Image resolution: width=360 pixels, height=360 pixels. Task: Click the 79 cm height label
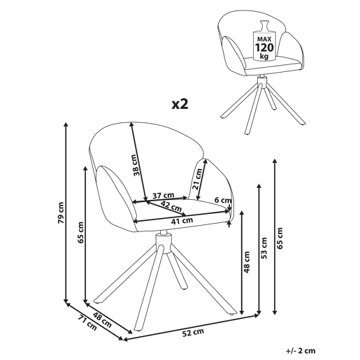point(61,213)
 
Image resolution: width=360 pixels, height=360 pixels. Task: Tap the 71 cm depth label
point(87,322)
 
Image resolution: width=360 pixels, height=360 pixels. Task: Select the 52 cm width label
point(193,333)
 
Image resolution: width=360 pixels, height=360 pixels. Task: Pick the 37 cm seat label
point(163,195)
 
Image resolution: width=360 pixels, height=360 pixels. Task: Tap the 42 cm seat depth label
point(171,206)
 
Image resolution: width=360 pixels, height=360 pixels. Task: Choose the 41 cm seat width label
point(182,220)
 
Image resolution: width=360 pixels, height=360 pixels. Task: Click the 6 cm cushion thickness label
point(223,200)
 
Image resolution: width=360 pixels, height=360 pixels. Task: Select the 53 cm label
point(264,248)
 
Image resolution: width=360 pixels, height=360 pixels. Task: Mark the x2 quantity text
point(180,104)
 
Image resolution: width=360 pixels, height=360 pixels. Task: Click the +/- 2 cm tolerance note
point(301,350)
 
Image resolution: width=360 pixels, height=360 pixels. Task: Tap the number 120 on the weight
point(264,48)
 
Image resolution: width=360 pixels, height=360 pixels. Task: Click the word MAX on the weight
point(264,38)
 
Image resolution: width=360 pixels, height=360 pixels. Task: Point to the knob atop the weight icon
point(264,25)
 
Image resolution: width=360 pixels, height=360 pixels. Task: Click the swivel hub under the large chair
point(164,243)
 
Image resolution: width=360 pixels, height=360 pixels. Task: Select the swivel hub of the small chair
point(262,82)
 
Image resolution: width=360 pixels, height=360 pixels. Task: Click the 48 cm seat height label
point(247,262)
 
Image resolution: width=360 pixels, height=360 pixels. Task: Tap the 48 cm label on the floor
point(102,319)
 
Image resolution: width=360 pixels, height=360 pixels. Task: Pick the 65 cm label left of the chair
point(80,233)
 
